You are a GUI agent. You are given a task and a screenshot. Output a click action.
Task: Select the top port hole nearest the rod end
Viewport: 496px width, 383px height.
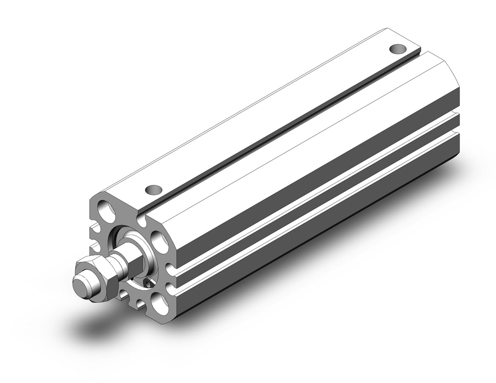point(153,190)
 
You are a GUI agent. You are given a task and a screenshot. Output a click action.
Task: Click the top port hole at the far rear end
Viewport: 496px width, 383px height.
point(398,49)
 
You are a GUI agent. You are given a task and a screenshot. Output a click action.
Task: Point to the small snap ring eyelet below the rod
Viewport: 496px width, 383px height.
point(148,283)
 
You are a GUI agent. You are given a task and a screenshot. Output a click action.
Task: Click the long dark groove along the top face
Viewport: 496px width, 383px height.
point(281,132)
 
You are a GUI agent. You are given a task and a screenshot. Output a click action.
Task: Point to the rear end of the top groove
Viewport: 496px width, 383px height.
point(417,52)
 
